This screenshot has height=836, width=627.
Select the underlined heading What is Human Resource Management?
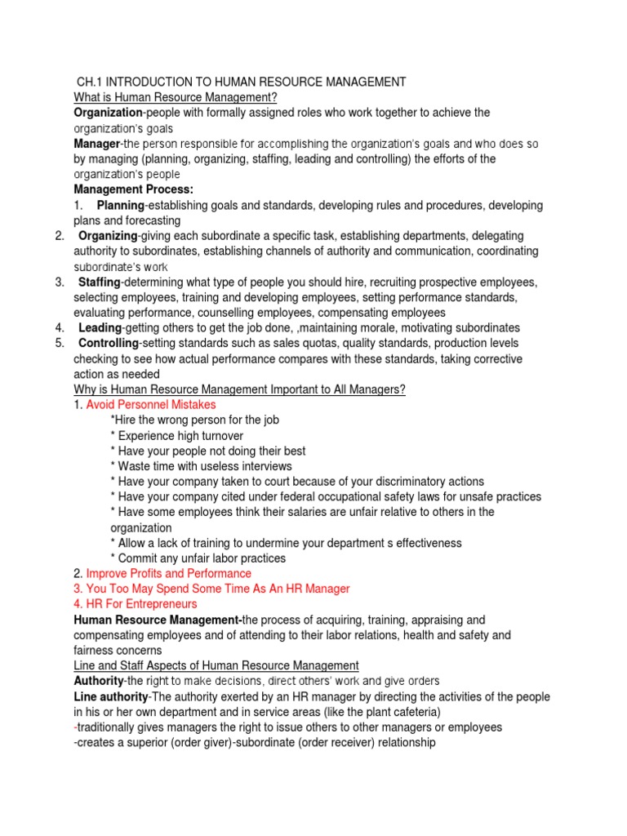point(176,97)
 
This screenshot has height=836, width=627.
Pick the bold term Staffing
point(99,282)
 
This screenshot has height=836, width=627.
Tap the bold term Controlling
point(109,344)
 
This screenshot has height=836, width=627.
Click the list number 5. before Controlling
point(60,344)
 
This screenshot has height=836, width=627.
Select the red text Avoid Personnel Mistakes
point(151,405)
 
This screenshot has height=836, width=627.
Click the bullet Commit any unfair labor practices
point(198,558)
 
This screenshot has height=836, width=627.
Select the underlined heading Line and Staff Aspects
point(216,665)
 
